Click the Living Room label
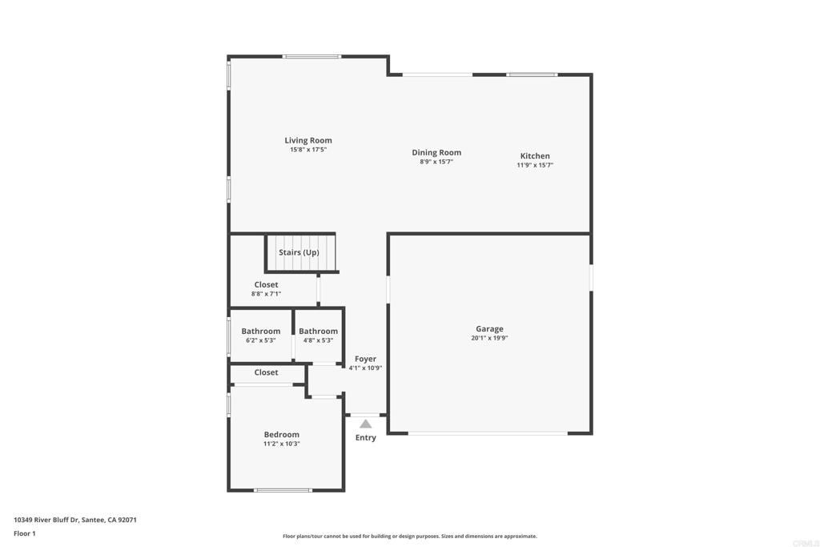[x=308, y=141]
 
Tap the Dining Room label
[x=436, y=153]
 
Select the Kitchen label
[x=535, y=156]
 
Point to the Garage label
[x=489, y=329]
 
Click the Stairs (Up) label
[x=299, y=252]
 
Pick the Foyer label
[x=365, y=360]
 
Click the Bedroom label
[x=282, y=435]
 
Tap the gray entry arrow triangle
[x=366, y=424]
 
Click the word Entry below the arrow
[x=365, y=438]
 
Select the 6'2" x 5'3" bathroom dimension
[x=260, y=340]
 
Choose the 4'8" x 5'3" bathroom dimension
[x=318, y=340]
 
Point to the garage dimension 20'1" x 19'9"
[x=489, y=338]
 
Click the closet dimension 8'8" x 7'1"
[x=266, y=294]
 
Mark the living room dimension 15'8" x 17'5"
[x=308, y=150]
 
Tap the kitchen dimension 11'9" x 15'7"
[x=535, y=165]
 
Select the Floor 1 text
[x=25, y=533]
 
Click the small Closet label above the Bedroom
[x=266, y=372]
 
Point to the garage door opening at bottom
[x=488, y=433]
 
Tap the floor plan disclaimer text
[x=409, y=537]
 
